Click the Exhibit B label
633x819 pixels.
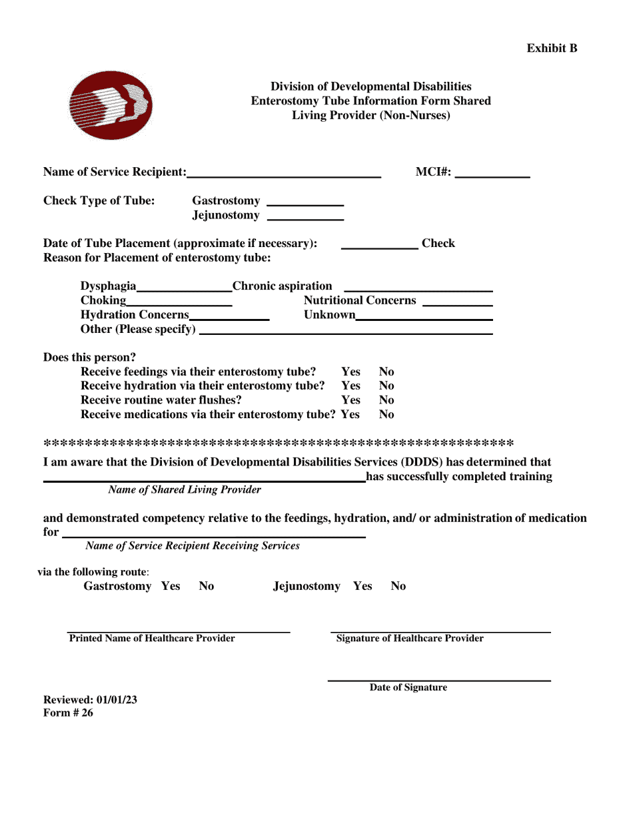point(552,48)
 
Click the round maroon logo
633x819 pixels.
point(111,106)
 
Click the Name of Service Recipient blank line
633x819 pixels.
point(284,174)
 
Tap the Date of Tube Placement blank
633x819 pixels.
point(379,246)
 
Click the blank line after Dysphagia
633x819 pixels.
point(184,288)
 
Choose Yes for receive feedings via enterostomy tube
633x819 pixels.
point(350,372)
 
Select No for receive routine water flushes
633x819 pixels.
point(386,400)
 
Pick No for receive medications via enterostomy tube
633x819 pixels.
point(386,415)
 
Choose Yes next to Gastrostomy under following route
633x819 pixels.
point(171,586)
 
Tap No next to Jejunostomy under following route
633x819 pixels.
point(398,586)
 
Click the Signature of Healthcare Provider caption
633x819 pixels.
point(410,639)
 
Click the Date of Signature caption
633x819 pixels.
point(408,688)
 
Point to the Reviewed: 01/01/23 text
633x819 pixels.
point(90,700)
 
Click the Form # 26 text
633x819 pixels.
point(68,713)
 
